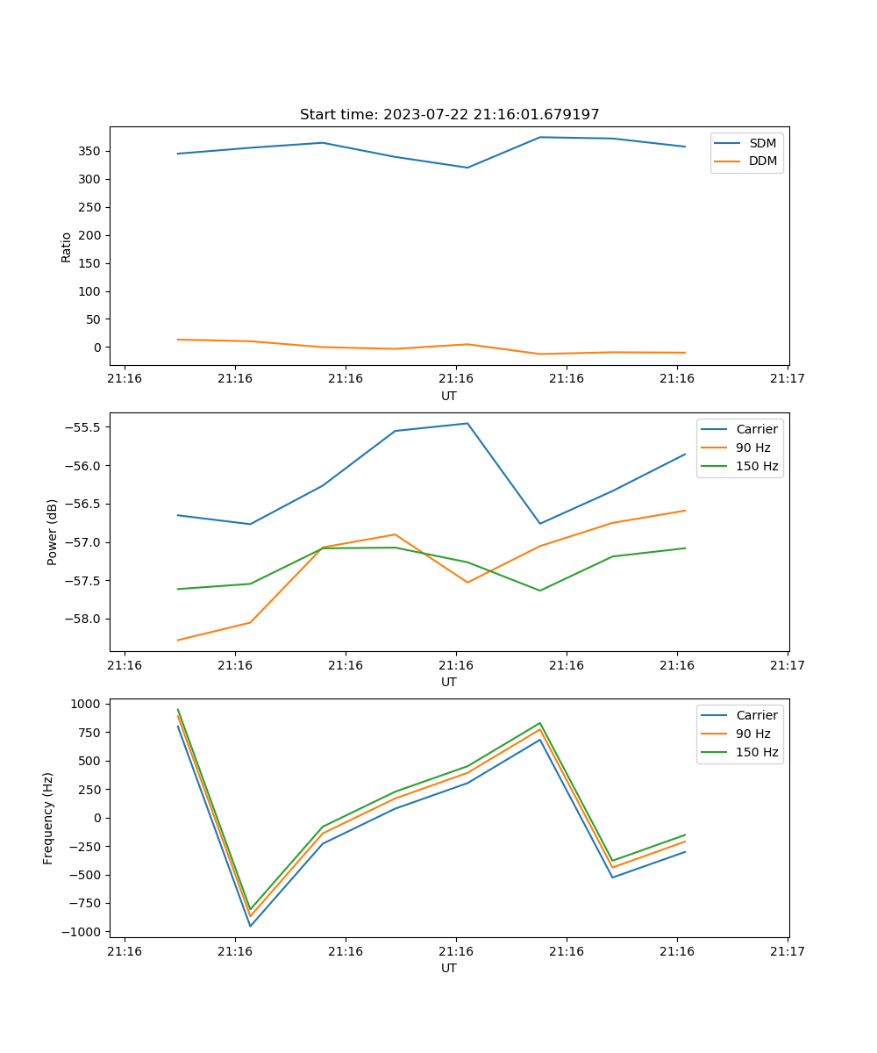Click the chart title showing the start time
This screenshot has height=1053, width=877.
coord(449,115)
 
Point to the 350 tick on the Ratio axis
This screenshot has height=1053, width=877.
coord(90,151)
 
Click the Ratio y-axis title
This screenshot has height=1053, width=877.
coord(67,247)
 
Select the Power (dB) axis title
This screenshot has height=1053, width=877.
coord(53,532)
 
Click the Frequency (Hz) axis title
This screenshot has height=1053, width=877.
coord(48,818)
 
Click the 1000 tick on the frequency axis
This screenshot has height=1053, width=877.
coord(87,704)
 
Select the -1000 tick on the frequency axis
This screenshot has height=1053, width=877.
coord(84,931)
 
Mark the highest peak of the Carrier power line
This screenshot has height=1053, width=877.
coord(467,423)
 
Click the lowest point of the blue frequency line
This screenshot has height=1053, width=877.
coord(250,926)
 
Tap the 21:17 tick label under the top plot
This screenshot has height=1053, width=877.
coord(787,379)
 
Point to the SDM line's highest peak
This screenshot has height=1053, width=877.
coord(540,137)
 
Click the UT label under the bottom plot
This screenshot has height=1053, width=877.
coord(449,968)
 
